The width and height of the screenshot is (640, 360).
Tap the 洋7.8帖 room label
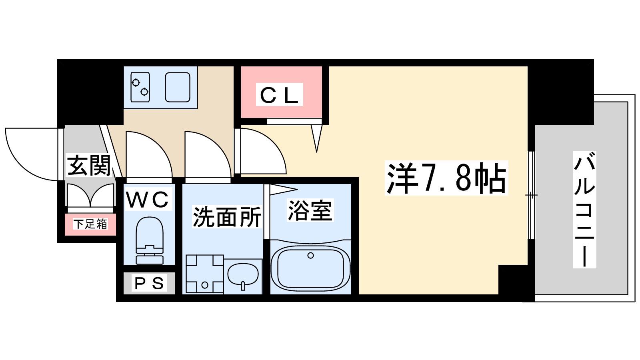[x=446, y=178]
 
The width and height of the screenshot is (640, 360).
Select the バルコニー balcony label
[x=584, y=210]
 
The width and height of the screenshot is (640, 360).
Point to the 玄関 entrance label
[x=89, y=166]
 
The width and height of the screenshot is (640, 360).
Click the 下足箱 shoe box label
[x=90, y=224]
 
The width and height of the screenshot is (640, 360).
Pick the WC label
[x=148, y=200]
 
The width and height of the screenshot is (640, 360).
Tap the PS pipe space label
[x=149, y=283]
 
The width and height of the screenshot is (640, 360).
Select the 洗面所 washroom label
[x=227, y=217]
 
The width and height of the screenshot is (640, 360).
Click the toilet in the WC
[x=150, y=240]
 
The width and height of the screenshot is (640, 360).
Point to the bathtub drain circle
[x=310, y=256]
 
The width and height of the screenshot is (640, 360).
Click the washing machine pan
[x=204, y=274]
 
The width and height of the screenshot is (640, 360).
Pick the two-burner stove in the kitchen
[x=140, y=88]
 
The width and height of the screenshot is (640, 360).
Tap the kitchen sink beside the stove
[x=178, y=87]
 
